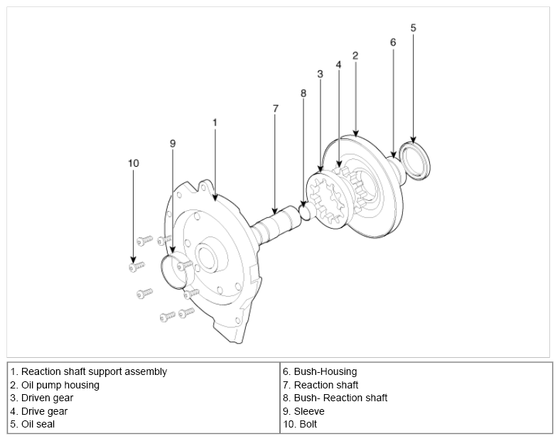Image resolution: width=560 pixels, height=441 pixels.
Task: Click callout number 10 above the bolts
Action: [x=133, y=163]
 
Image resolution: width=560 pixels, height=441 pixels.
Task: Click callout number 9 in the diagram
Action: [x=173, y=143]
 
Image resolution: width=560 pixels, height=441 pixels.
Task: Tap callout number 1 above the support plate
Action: [x=215, y=122]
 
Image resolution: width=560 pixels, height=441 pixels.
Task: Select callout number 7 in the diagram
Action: [x=276, y=109]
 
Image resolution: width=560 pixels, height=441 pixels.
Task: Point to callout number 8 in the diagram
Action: [x=303, y=93]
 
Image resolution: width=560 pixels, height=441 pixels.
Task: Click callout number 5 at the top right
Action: [x=414, y=28]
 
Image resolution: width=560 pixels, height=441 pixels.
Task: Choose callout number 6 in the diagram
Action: [x=393, y=43]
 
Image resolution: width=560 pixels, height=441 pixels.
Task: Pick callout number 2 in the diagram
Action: [x=355, y=55]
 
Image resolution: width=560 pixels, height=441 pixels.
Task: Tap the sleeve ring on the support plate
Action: [x=173, y=270]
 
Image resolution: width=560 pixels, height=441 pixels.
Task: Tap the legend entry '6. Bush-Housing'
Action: [x=320, y=371]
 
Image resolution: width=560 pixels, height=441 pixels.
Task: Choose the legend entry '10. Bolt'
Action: [x=300, y=424]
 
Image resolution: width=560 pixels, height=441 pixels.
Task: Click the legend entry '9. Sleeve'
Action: [x=303, y=411]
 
